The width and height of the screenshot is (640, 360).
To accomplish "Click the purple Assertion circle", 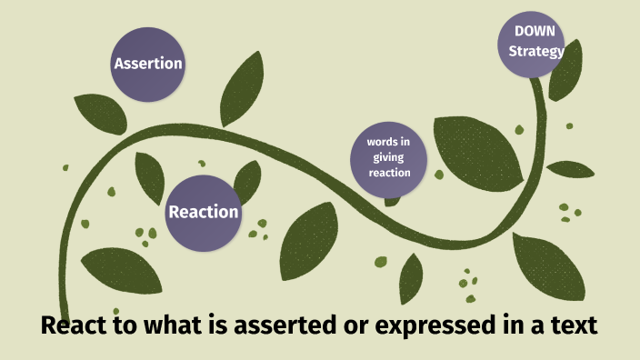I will (x=147, y=64).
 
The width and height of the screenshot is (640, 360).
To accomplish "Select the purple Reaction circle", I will (x=204, y=213).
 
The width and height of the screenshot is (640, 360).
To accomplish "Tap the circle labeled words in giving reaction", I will (x=389, y=158).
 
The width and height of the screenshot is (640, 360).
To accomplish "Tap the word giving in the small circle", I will (x=389, y=157).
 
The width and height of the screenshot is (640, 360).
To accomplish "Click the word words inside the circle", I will (x=389, y=143).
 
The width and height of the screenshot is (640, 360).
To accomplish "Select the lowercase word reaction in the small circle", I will (x=389, y=173).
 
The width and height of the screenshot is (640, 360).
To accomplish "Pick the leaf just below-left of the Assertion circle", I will (x=99, y=114).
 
